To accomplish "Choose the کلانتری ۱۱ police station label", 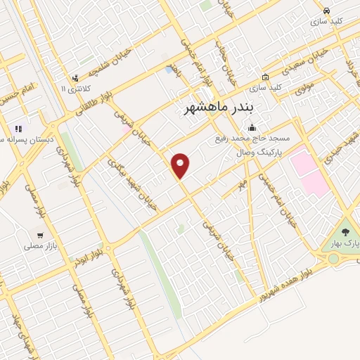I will click(x=74, y=89).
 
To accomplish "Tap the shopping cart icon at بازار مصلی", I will click(x=40, y=236).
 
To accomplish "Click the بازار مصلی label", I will click(x=39, y=246).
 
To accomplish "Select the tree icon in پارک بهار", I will click(x=345, y=231).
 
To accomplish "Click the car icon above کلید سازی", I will click(x=326, y=11).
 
